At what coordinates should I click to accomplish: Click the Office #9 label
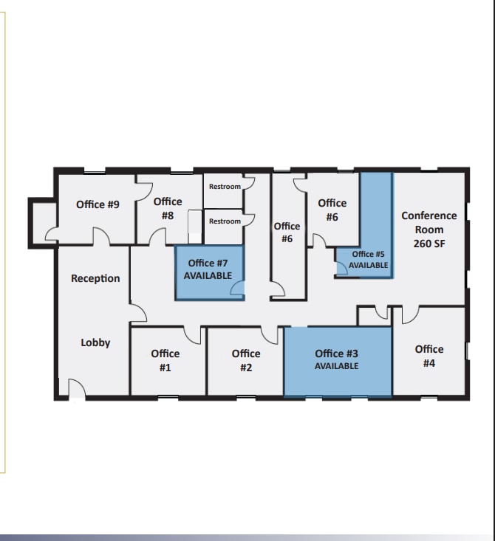[98, 204]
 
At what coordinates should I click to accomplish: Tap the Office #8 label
[168, 208]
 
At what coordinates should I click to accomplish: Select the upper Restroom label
[225, 187]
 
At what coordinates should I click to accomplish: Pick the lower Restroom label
[225, 221]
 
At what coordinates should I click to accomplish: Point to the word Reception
[95, 278]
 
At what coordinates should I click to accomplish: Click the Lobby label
[95, 342]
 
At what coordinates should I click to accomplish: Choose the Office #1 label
[165, 360]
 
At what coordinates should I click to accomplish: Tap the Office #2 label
[246, 360]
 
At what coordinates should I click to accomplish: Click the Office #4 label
[429, 356]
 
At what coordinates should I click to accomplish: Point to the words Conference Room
[429, 222]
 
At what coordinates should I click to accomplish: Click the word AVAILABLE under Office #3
[337, 366]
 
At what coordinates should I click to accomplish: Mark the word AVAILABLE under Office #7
[208, 275]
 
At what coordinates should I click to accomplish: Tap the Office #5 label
[368, 254]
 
